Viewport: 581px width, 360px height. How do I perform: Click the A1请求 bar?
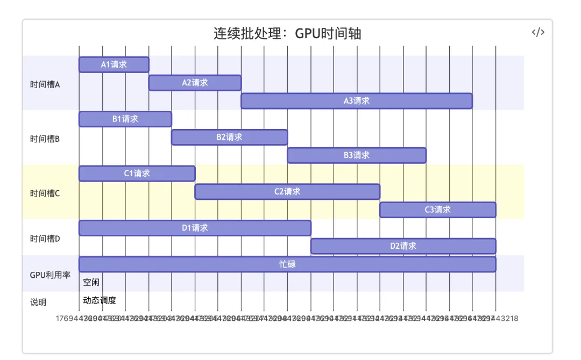point(114,64)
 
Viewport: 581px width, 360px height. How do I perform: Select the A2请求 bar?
point(195,83)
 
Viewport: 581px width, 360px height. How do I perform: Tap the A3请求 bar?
point(357,101)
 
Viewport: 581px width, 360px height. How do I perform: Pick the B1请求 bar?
point(125,119)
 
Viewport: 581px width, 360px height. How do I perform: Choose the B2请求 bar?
point(229,137)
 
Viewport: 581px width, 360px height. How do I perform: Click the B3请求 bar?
point(357,155)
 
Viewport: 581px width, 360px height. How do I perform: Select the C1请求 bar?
point(137,174)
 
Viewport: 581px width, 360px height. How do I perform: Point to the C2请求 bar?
point(287,192)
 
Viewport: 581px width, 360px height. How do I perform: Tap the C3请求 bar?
point(438,210)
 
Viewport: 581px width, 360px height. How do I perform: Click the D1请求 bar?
point(195,228)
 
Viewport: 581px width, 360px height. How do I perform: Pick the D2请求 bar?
point(403,246)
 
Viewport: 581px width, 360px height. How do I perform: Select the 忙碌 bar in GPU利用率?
point(287,264)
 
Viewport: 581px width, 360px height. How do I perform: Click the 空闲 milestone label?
point(91,282)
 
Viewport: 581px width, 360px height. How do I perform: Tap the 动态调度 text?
point(100,300)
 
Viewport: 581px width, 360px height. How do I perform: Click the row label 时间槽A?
point(45,84)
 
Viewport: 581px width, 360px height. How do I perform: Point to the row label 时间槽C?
point(45,193)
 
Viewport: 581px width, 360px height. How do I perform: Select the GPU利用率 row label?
point(50,275)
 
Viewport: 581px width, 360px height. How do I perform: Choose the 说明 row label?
point(38,302)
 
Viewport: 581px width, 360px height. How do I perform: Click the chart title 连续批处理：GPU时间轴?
point(287,34)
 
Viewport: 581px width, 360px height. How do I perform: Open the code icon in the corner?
point(538,32)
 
